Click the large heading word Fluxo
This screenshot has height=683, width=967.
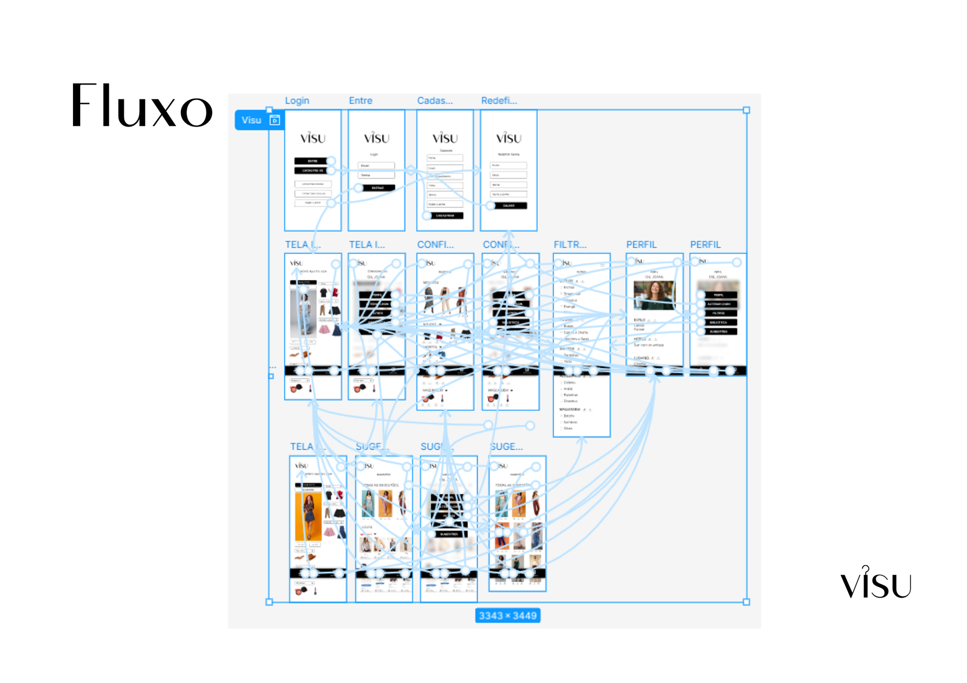tap(142, 106)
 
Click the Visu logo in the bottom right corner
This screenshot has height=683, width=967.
tap(876, 583)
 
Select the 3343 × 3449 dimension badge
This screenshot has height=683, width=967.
tap(507, 616)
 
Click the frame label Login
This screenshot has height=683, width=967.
tap(297, 101)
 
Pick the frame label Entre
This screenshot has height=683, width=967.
tap(361, 101)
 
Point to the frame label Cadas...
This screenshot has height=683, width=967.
tap(435, 101)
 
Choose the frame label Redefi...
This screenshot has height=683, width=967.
tap(499, 101)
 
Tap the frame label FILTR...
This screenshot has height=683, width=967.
tap(570, 245)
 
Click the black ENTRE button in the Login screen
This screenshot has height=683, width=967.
tap(312, 161)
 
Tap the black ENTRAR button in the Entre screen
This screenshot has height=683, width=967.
tap(378, 188)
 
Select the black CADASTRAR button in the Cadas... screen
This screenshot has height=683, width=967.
tap(445, 215)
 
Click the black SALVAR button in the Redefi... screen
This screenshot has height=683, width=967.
tap(509, 205)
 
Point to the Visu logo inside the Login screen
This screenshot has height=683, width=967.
tap(313, 138)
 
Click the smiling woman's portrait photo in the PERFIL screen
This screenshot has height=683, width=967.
tap(653, 295)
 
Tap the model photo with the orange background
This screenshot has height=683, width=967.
tap(308, 516)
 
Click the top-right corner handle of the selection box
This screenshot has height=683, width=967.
tap(746, 110)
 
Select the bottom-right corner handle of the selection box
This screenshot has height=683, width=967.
tap(746, 601)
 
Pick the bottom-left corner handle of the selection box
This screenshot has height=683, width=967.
tap(269, 601)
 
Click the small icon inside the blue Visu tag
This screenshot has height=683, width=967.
tap(274, 120)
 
